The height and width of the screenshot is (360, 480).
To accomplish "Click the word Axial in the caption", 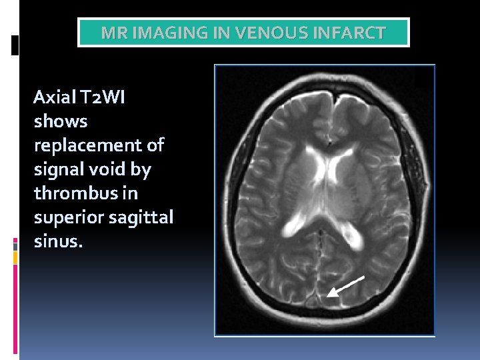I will pyautogui.click(x=55, y=98).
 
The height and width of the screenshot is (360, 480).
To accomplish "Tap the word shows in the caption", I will pyautogui.click(x=60, y=122).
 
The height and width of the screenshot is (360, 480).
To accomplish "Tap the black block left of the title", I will pyautogui.click(x=15, y=45).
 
